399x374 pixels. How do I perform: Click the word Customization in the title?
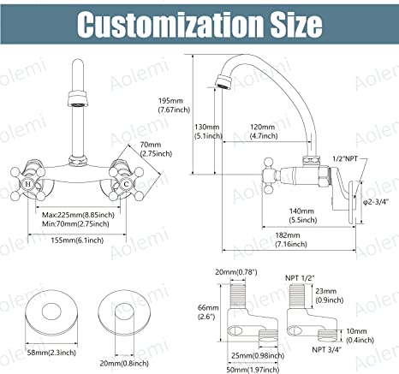(169, 24)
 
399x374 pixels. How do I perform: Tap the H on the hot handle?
(27, 184)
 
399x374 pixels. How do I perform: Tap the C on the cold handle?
(126, 184)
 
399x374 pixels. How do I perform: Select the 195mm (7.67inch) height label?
(174, 105)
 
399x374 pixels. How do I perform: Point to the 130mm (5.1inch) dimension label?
(208, 131)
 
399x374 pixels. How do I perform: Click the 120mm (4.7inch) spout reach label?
(264, 131)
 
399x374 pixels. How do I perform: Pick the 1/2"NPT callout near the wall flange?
(345, 158)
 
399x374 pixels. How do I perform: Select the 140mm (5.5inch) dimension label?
(302, 216)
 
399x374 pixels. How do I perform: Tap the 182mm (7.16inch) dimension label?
(291, 240)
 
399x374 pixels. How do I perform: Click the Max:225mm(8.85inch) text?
(78, 215)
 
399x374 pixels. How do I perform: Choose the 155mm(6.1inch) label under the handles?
(77, 240)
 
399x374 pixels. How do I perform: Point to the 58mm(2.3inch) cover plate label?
(51, 353)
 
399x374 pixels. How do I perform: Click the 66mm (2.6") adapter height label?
(208, 312)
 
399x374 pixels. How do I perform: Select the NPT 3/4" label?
(326, 349)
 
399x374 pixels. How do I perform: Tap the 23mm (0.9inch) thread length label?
(330, 295)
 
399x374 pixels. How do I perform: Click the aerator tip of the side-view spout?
(223, 82)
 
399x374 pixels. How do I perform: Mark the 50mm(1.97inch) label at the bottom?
(253, 370)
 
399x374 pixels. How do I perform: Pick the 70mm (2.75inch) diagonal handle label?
(156, 149)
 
